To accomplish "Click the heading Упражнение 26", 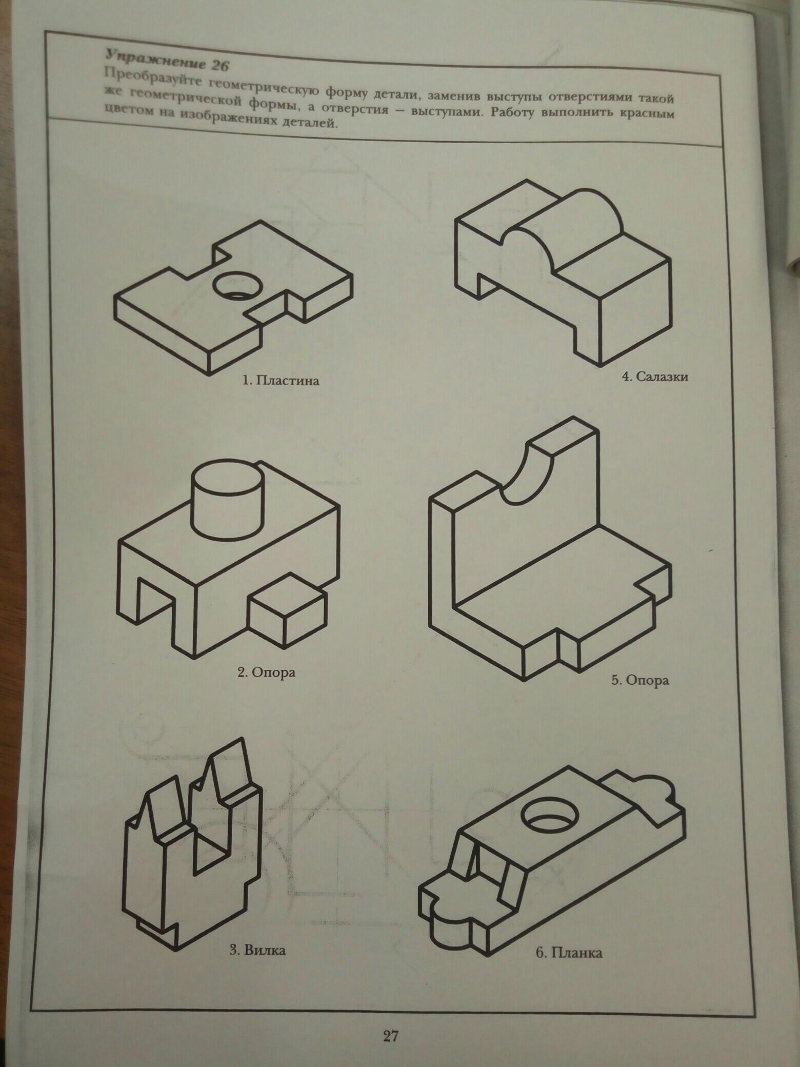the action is tap(165, 61).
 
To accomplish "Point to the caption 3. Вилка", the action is tap(256, 951).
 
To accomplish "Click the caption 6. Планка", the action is tap(568, 954).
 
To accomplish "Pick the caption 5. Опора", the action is tap(640, 681).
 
